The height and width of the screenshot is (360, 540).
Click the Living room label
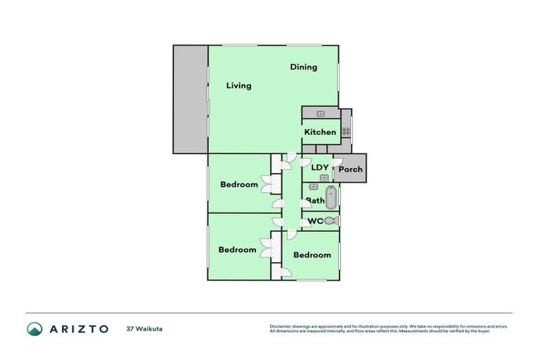[238, 86]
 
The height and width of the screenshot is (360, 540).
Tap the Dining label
[304, 67]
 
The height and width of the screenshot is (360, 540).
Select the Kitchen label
[320, 132]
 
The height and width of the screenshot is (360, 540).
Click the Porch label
[350, 169]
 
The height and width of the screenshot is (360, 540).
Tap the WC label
[316, 221]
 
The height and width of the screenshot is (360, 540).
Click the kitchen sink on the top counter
[321, 113]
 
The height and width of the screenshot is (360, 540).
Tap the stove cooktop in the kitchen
[346, 131]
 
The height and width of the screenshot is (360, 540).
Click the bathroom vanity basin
[314, 187]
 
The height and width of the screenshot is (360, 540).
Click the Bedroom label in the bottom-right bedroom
[312, 255]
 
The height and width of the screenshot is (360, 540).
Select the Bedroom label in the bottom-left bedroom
[237, 250]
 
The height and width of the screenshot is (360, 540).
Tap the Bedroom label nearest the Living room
[239, 185]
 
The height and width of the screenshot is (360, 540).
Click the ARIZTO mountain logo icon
[34, 328]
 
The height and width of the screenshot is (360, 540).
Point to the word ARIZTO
[78, 328]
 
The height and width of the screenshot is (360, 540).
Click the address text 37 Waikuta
[145, 328]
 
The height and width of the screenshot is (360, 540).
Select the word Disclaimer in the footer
[283, 326]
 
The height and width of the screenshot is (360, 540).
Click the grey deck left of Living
[190, 99]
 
